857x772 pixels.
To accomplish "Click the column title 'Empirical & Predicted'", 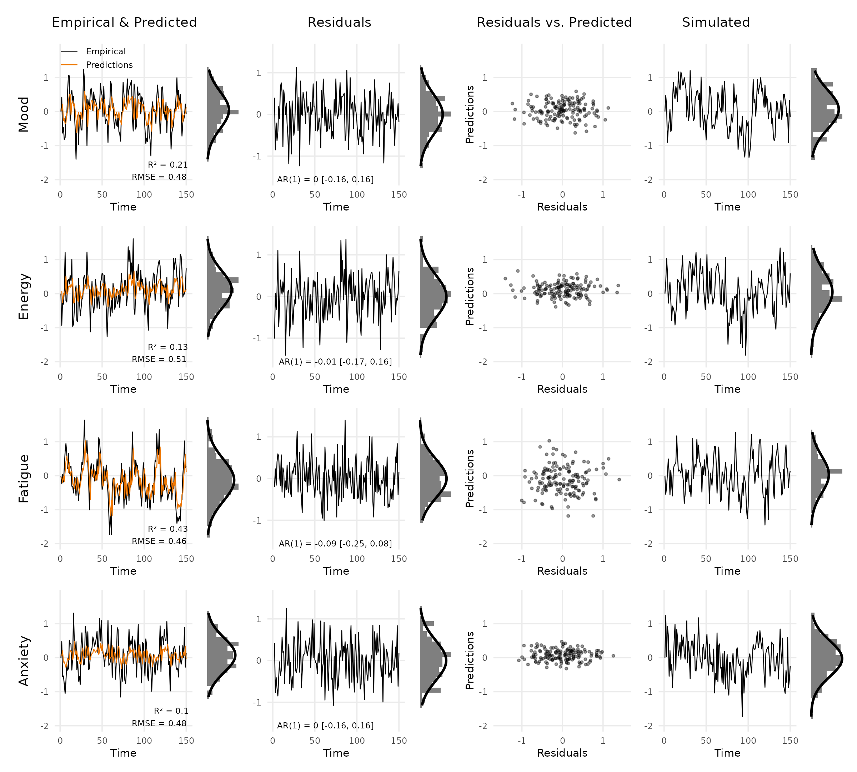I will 124,23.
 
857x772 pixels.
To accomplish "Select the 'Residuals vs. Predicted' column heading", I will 554,23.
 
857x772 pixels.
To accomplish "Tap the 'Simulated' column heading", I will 716,23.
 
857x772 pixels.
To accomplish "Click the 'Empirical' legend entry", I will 106,51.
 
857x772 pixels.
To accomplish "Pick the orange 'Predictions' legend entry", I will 109,65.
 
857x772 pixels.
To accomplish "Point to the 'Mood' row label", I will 24,114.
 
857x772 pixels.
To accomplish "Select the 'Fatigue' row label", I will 24,479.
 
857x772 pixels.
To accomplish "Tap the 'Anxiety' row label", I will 24,660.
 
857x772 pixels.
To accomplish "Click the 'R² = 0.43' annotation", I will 167,529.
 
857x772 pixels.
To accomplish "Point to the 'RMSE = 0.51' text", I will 159,359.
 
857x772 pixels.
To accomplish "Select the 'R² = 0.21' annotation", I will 167,164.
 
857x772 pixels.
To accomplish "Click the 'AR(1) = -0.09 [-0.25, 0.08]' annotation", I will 335,544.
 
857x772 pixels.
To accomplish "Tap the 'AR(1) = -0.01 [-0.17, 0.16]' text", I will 335,362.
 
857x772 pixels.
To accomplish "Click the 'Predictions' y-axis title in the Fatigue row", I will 469,479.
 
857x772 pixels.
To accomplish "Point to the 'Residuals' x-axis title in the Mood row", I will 562,207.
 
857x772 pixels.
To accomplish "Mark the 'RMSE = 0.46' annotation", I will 159,541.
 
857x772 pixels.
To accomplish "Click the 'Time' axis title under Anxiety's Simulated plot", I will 727,753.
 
